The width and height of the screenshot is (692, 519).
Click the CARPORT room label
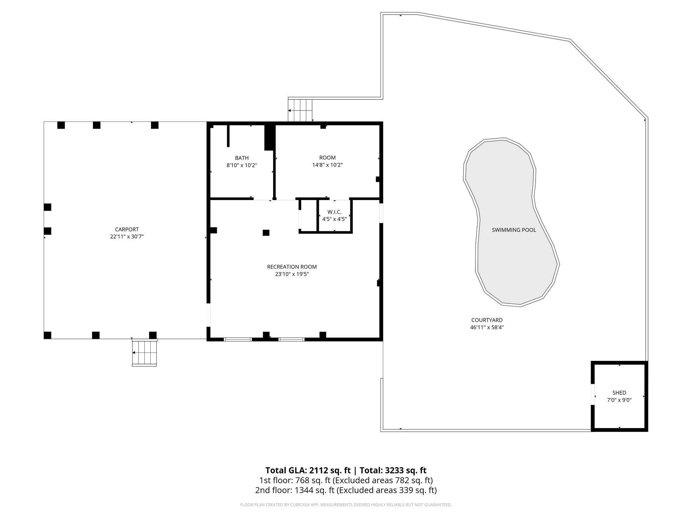tap(127, 229)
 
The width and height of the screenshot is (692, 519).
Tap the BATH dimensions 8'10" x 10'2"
tap(242, 166)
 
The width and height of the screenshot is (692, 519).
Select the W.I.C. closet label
tap(334, 212)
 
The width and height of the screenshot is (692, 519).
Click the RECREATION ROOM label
tap(292, 267)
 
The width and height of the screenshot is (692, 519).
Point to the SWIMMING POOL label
tap(514, 230)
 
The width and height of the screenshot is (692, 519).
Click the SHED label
tap(619, 393)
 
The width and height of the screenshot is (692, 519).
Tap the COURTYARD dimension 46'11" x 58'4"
tap(487, 327)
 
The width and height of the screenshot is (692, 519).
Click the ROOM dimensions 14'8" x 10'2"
tap(327, 165)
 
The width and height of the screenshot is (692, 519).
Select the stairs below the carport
tap(144, 353)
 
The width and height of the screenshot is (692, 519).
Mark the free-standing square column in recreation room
tap(266, 232)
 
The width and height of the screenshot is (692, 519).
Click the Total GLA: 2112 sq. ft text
tap(308, 470)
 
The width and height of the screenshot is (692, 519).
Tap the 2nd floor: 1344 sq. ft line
tap(346, 490)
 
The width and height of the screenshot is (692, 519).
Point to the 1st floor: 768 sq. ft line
tap(346, 480)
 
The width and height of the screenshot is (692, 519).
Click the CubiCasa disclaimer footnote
tap(346, 505)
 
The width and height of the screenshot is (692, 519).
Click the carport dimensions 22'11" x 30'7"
tap(127, 237)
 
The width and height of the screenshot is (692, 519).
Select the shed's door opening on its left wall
tap(593, 394)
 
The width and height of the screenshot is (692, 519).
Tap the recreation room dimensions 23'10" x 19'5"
tap(292, 274)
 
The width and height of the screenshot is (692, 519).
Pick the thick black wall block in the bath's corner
tap(269, 137)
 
